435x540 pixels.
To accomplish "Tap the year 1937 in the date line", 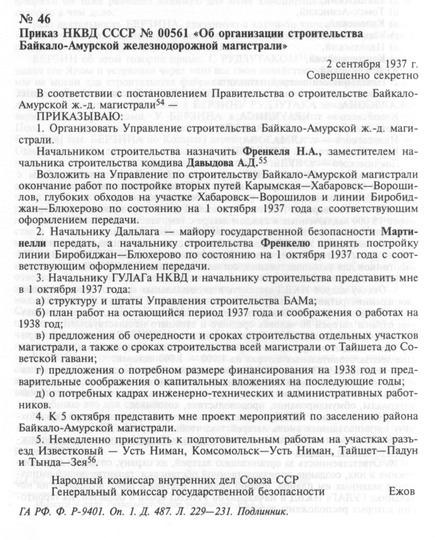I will pos(396,64).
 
